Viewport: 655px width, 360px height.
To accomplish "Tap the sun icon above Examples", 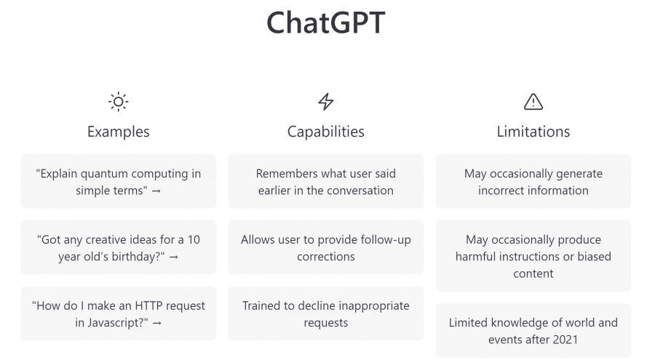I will point(118,102).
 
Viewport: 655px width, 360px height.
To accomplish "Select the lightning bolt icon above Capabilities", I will point(326,102).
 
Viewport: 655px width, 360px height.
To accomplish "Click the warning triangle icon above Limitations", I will point(533,102).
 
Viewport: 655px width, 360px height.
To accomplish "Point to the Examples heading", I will point(118,132).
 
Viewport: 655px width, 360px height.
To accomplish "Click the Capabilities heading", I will point(326,132).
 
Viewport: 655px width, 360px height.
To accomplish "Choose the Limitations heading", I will point(533,132).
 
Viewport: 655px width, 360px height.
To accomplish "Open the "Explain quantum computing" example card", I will point(118,182).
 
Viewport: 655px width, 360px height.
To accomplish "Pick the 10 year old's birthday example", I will point(118,248).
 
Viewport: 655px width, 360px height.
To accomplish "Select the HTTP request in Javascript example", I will point(118,313).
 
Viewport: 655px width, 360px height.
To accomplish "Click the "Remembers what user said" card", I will point(326,182).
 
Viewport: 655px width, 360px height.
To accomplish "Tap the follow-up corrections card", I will point(326,248).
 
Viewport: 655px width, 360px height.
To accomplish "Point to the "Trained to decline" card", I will point(326,313).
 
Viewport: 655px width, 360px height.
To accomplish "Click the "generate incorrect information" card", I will point(533,182).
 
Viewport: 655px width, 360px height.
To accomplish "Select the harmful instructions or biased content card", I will point(533,256).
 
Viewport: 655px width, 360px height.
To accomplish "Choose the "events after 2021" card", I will point(533,330).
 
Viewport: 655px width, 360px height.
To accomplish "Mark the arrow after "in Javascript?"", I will point(157,322).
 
